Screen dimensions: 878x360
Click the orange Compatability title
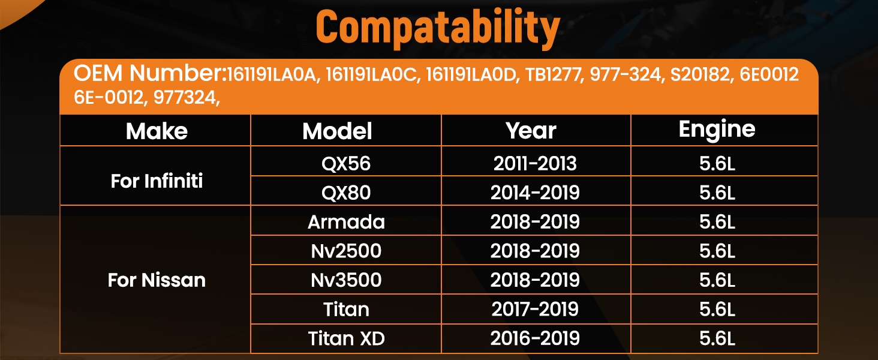pyautogui.click(x=438, y=28)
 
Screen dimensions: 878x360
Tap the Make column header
pyautogui.click(x=157, y=131)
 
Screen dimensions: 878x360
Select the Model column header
pyautogui.click(x=337, y=131)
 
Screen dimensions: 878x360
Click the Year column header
pyautogui.click(x=531, y=131)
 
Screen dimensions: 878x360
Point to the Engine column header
pyautogui.click(x=717, y=130)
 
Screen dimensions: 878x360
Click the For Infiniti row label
pyautogui.click(x=157, y=181)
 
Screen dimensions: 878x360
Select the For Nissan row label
pyautogui.click(x=157, y=280)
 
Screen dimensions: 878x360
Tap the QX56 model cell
pyautogui.click(x=346, y=164)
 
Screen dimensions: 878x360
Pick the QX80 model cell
pyautogui.click(x=346, y=193)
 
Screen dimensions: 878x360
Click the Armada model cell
pyautogui.click(x=346, y=222)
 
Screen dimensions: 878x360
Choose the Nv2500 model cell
pyautogui.click(x=346, y=251)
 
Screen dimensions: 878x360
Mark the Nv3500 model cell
pyautogui.click(x=346, y=280)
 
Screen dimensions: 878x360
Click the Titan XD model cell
pyautogui.click(x=346, y=338)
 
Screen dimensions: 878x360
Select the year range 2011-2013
pyautogui.click(x=535, y=164)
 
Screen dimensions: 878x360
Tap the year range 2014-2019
pyautogui.click(x=535, y=193)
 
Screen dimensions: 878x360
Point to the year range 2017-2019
pyautogui.click(x=535, y=309)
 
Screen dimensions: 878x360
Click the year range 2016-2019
pyautogui.click(x=535, y=338)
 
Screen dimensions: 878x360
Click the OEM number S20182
pyautogui.click(x=700, y=74)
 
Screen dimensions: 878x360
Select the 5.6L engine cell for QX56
pyautogui.click(x=717, y=164)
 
